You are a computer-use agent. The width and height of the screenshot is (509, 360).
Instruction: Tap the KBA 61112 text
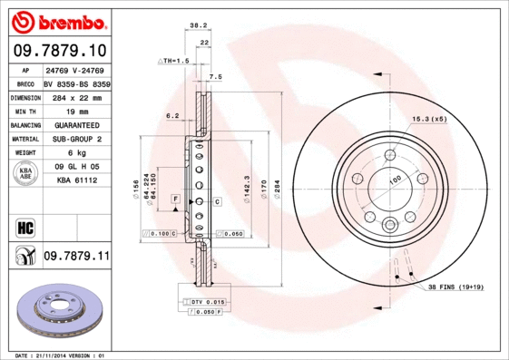tap(76, 180)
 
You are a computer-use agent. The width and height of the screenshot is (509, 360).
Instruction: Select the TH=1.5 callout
tap(172, 60)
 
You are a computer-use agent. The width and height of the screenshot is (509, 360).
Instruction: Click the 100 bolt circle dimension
tap(395, 180)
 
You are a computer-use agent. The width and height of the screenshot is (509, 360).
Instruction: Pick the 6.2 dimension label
tap(172, 115)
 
